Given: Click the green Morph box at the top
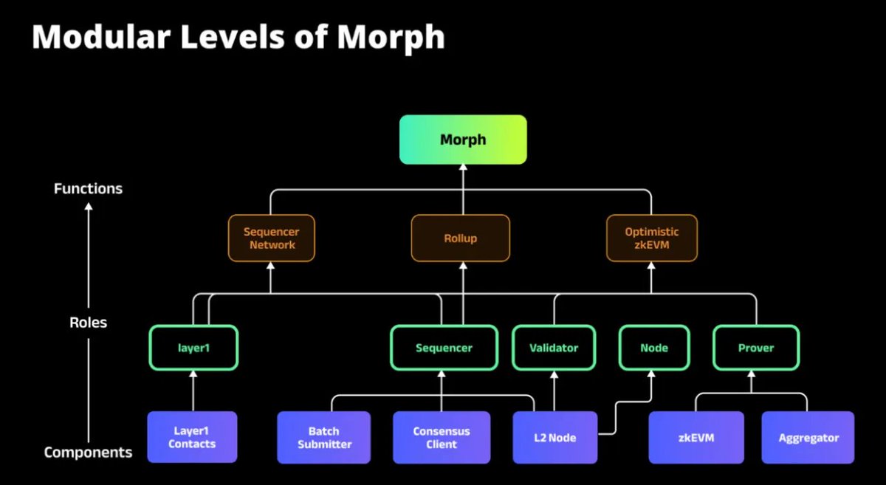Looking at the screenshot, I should click(463, 140).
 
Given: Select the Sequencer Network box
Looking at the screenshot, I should click(271, 238).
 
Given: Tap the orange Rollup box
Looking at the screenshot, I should click(460, 238).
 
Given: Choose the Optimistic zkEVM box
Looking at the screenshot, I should click(651, 238).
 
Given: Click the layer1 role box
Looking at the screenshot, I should click(193, 348).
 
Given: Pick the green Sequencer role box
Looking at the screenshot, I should click(442, 348).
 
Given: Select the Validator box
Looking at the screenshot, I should click(554, 348).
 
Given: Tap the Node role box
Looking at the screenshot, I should click(653, 348).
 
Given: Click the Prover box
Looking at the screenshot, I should click(756, 348).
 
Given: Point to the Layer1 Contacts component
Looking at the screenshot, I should click(192, 437).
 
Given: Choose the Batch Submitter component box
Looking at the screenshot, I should click(323, 437).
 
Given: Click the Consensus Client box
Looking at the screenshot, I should click(442, 437).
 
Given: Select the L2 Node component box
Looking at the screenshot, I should click(554, 437).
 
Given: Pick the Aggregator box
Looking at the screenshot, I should click(808, 437).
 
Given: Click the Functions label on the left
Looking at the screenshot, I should click(88, 189).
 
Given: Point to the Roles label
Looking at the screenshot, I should click(88, 323).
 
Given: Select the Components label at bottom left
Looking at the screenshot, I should click(88, 452).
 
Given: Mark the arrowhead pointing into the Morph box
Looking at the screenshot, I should click(463, 169).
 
